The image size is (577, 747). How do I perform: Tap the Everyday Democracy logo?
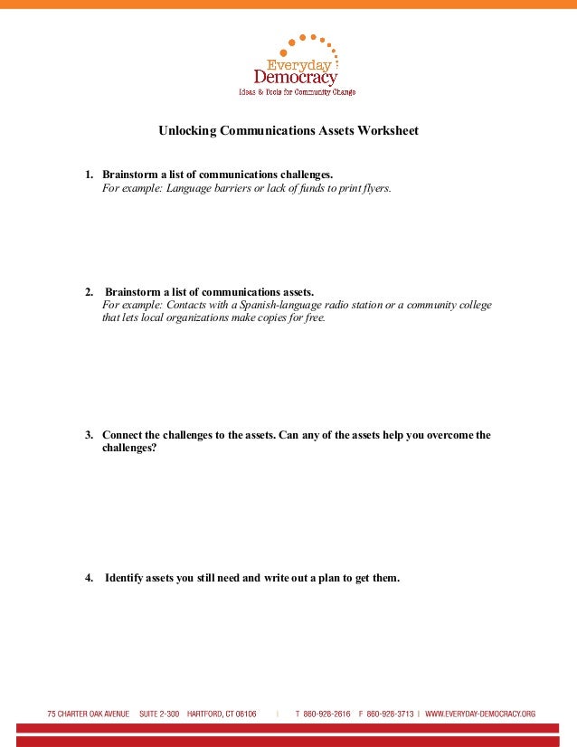296,64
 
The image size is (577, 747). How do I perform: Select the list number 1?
90,174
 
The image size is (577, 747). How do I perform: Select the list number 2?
90,292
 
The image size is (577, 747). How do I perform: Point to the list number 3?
90,434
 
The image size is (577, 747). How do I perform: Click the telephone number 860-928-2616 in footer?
326,714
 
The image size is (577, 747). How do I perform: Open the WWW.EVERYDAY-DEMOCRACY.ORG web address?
479,714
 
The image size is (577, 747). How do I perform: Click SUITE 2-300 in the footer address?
159,714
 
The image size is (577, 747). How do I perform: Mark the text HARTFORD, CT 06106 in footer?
222,714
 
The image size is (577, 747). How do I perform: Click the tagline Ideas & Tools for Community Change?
296,92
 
